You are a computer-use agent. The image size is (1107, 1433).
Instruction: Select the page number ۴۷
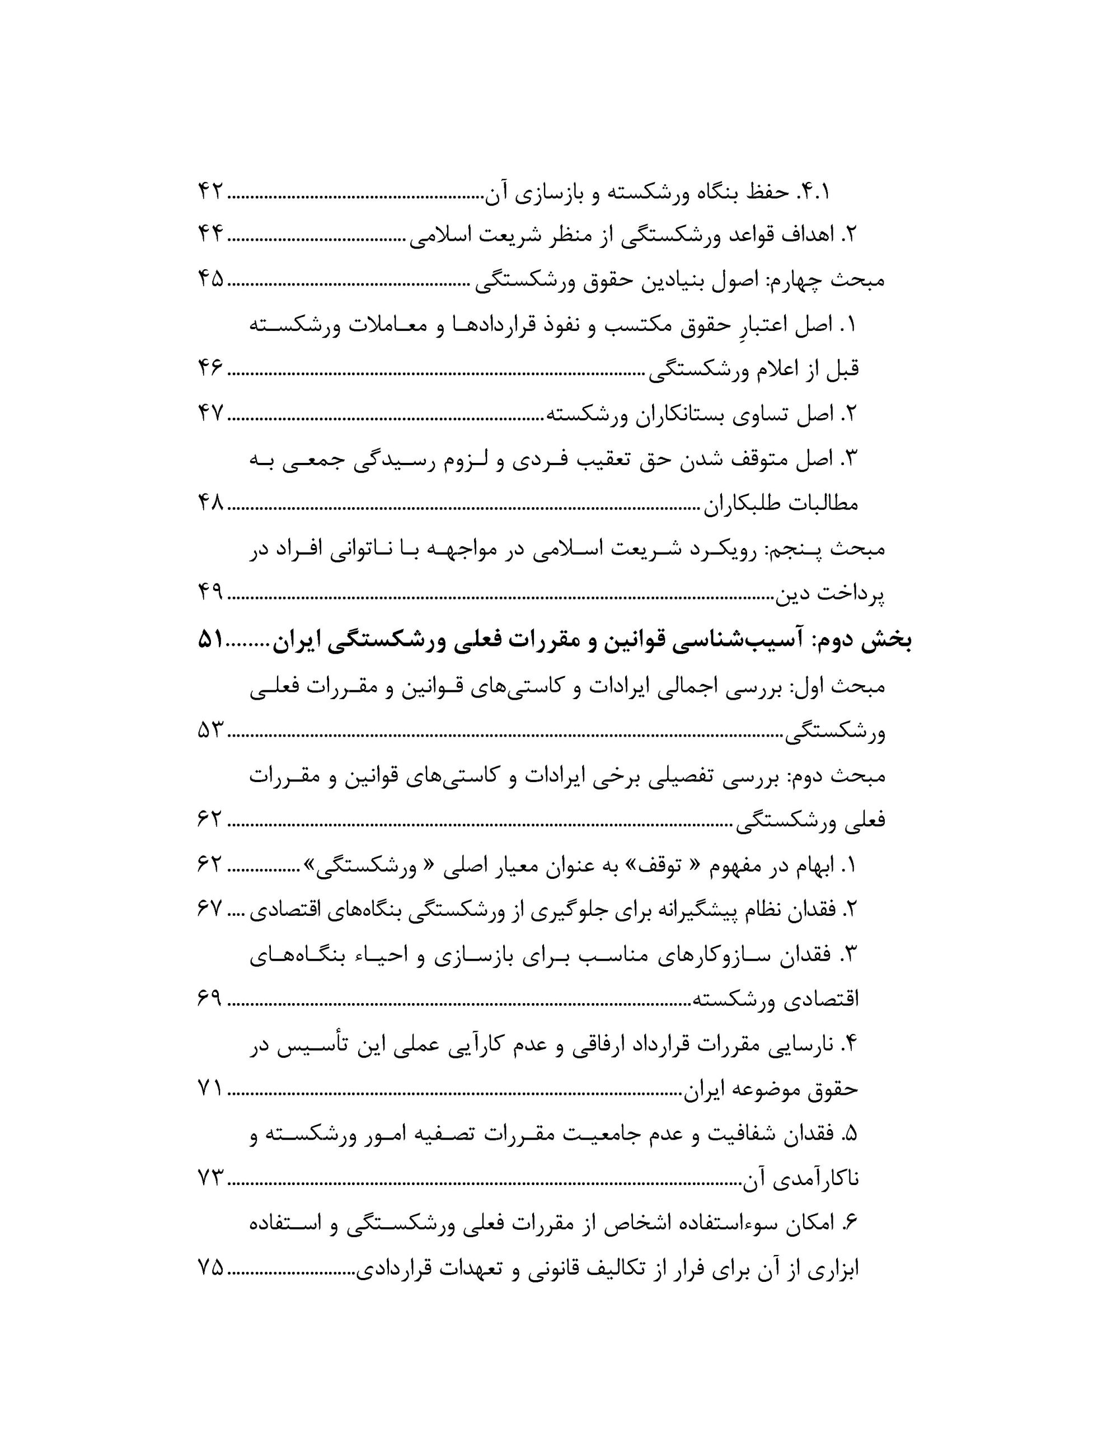(210, 414)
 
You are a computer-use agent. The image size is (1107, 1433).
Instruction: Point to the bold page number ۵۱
(210, 640)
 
